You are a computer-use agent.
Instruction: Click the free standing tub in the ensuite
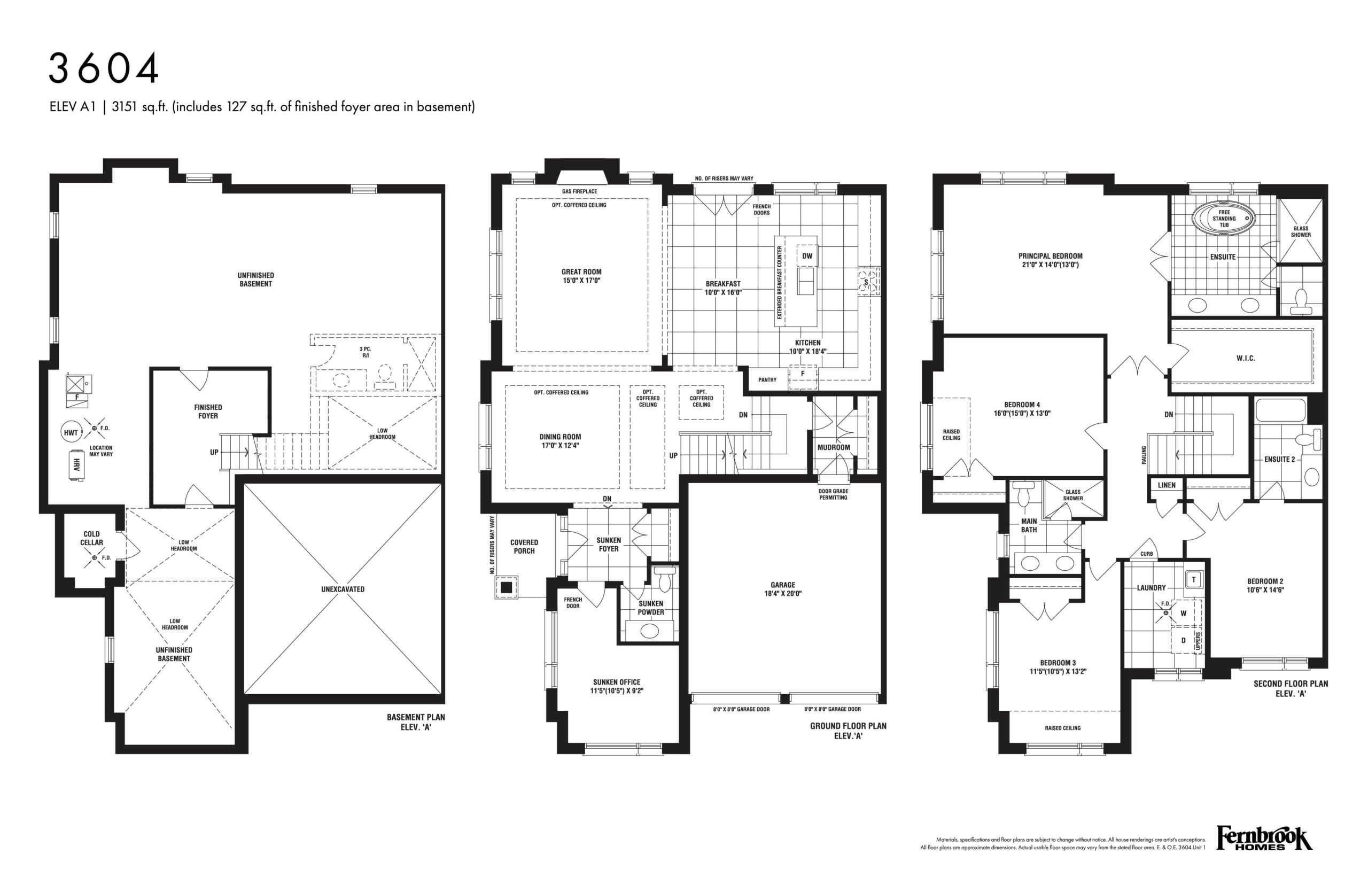click(x=1224, y=219)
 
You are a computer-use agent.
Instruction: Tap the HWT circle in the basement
click(x=71, y=433)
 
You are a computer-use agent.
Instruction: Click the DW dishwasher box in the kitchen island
click(x=807, y=257)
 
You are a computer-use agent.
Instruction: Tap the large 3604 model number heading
click(x=104, y=68)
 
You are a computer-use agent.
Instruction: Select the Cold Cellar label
click(x=91, y=538)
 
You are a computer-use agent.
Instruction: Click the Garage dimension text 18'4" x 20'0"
click(x=782, y=594)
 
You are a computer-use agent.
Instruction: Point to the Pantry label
click(x=767, y=380)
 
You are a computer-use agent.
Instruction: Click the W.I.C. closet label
click(x=1246, y=358)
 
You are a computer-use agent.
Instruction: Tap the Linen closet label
click(x=1167, y=485)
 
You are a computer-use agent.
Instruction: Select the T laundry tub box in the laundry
click(x=1193, y=579)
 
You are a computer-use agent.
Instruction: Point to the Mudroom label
click(x=834, y=447)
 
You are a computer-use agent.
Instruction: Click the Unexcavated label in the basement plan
click(x=343, y=589)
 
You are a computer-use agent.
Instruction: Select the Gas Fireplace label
click(x=579, y=191)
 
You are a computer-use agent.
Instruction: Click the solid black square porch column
click(x=506, y=587)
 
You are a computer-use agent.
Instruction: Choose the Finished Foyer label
click(x=208, y=412)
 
